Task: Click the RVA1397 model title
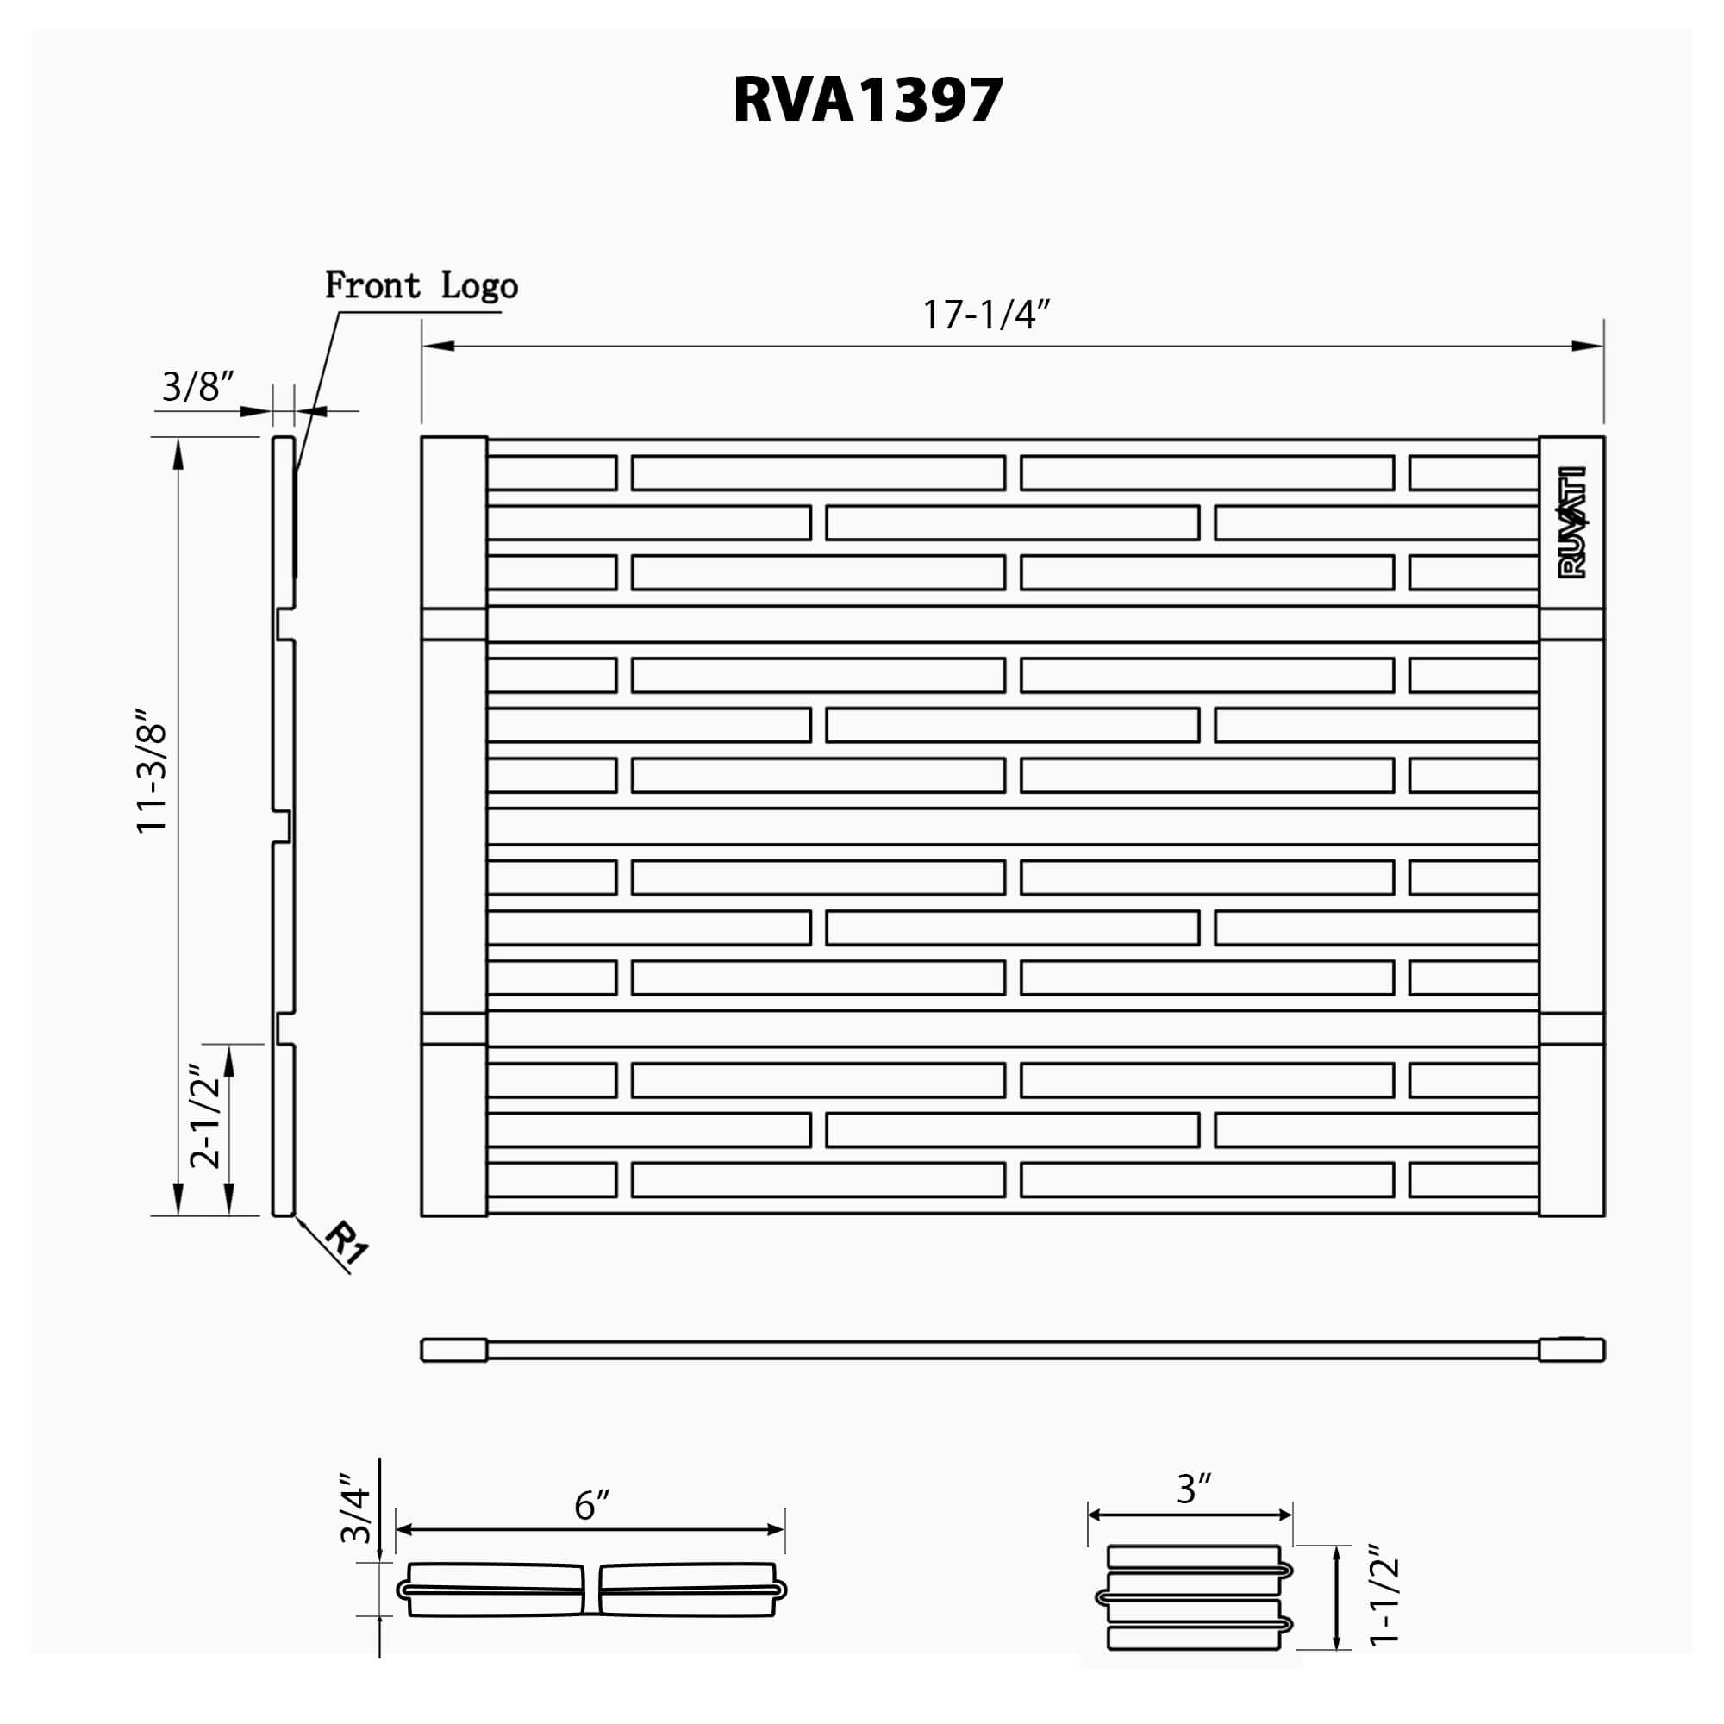[867, 99]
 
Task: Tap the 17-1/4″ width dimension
[986, 315]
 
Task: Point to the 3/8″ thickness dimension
[197, 387]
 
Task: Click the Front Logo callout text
[421, 285]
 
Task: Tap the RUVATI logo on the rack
[1571, 523]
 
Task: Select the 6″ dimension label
[591, 1505]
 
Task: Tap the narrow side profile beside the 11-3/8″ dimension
[284, 826]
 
